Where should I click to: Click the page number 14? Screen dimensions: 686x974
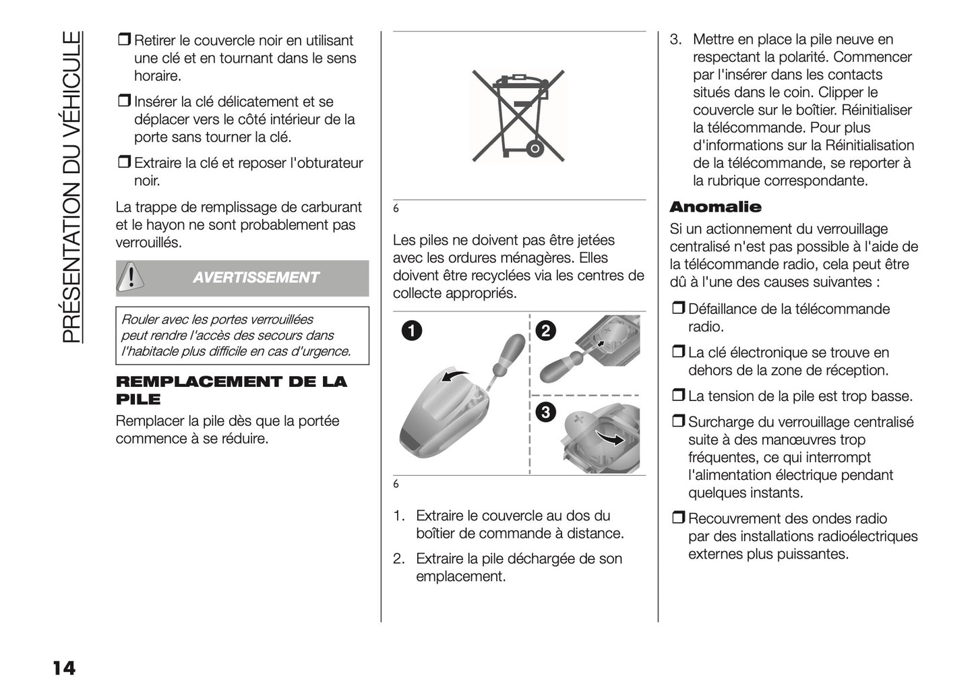(63, 668)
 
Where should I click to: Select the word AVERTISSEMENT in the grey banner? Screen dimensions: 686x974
(255, 278)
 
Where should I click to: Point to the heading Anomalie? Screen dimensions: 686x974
(715, 207)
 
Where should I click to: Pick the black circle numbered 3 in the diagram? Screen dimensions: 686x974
(545, 412)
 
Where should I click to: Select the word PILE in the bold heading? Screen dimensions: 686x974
(138, 399)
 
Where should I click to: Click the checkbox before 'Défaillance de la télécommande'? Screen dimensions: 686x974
(677, 309)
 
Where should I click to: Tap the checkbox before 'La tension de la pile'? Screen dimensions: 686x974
(677, 396)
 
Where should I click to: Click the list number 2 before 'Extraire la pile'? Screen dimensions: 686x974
(398, 559)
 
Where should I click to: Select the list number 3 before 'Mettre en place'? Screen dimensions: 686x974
(675, 40)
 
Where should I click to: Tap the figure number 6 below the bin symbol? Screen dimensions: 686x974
(396, 209)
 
